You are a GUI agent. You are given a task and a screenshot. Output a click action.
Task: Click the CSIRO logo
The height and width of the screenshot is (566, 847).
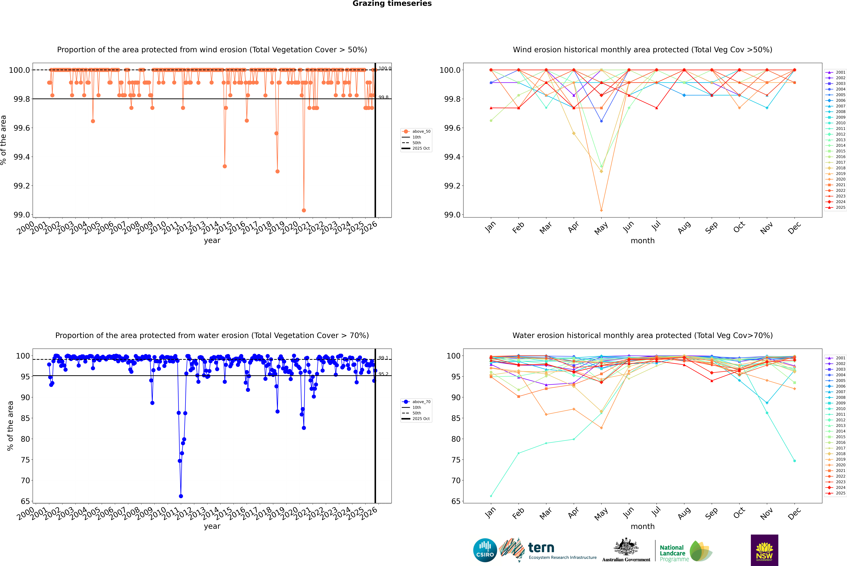coord(485,550)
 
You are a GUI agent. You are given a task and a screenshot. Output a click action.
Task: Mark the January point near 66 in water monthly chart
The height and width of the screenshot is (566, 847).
coord(491,496)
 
